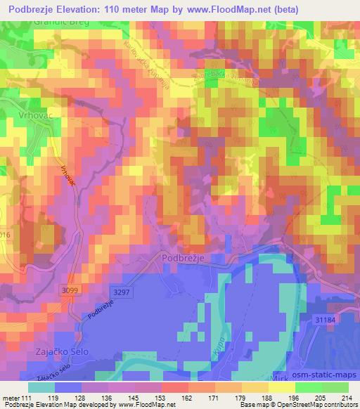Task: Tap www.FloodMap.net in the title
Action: click(x=226, y=10)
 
